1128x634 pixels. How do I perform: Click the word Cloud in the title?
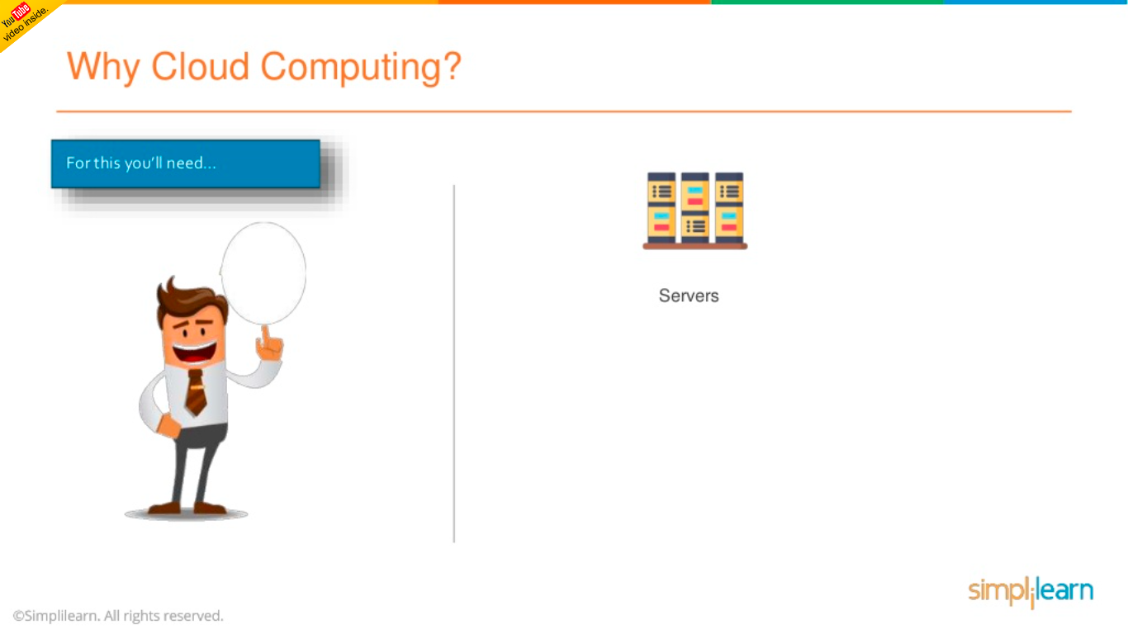[201, 66]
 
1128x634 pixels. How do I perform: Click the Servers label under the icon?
[689, 296]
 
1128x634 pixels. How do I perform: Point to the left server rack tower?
[661, 207]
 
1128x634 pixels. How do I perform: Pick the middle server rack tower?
[695, 207]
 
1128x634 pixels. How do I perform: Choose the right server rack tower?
[729, 207]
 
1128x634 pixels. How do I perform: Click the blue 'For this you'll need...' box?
[185, 163]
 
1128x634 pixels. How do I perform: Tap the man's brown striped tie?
[196, 392]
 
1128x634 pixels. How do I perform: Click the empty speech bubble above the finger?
[263, 272]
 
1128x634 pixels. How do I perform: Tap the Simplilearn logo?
[1031, 591]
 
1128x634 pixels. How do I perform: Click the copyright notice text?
[118, 616]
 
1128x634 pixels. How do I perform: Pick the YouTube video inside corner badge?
[22, 21]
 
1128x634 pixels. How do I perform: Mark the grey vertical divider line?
[454, 363]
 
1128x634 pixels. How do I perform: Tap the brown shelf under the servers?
[695, 246]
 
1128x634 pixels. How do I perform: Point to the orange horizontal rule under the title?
[563, 111]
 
